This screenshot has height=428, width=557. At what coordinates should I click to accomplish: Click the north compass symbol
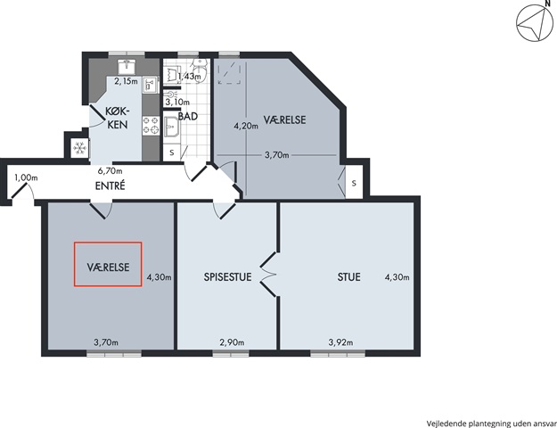point(535,23)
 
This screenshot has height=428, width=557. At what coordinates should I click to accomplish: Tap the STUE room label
point(348,277)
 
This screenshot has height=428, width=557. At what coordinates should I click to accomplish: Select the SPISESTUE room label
point(228,277)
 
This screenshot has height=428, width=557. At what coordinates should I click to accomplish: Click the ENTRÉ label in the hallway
point(111,185)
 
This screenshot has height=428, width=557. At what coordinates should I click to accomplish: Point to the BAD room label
point(188,116)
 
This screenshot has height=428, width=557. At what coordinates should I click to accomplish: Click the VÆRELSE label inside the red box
point(108,267)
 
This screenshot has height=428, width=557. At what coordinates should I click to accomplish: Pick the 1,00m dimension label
point(26,177)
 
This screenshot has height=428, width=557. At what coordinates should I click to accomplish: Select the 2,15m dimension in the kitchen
point(126,81)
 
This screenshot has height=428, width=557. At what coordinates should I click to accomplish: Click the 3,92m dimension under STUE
point(340,342)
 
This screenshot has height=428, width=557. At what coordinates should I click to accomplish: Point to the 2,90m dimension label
point(232,342)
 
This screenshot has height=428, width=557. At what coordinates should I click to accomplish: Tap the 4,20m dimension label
point(246,126)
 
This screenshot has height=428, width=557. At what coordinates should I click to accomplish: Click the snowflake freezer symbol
point(79,147)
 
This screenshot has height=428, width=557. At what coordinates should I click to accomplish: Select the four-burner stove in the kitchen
point(151,126)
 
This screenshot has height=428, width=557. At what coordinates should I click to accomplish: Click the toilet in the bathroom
point(200,69)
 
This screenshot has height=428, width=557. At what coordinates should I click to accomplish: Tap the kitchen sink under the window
point(126,67)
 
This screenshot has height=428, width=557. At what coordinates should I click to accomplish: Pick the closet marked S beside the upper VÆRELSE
point(354,182)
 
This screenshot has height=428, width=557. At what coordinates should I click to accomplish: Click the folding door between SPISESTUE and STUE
point(269,274)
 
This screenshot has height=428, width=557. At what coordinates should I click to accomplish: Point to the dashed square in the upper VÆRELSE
point(229,73)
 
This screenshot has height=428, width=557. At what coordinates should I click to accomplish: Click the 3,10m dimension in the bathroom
point(177,103)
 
